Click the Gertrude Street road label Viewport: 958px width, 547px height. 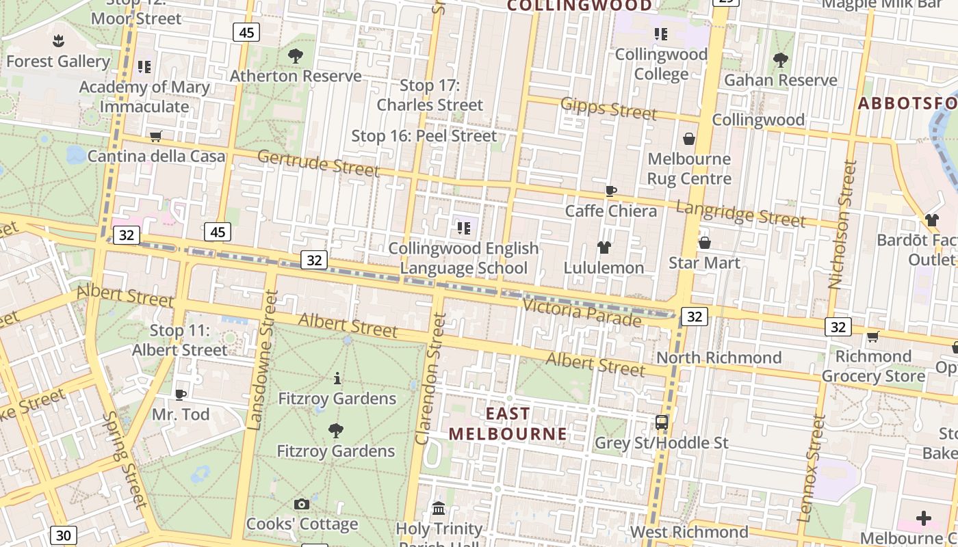point(318,163)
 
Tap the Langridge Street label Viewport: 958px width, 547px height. point(740,213)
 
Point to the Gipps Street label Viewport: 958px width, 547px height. point(608,108)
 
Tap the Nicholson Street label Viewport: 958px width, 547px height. point(842,225)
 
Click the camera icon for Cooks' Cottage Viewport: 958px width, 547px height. point(301,505)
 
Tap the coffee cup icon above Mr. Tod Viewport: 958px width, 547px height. point(180,395)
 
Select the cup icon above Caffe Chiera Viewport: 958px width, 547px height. point(611,191)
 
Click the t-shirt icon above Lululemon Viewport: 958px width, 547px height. point(604,248)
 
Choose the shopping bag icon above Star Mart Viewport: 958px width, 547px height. point(704,243)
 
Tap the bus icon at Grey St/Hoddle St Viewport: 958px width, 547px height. point(662,423)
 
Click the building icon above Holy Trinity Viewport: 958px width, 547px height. point(439,509)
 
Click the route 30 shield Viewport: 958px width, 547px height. point(63,535)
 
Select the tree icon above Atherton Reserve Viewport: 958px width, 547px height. point(296,56)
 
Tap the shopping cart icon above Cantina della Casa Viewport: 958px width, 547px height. point(156,136)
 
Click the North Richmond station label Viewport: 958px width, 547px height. point(718,358)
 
